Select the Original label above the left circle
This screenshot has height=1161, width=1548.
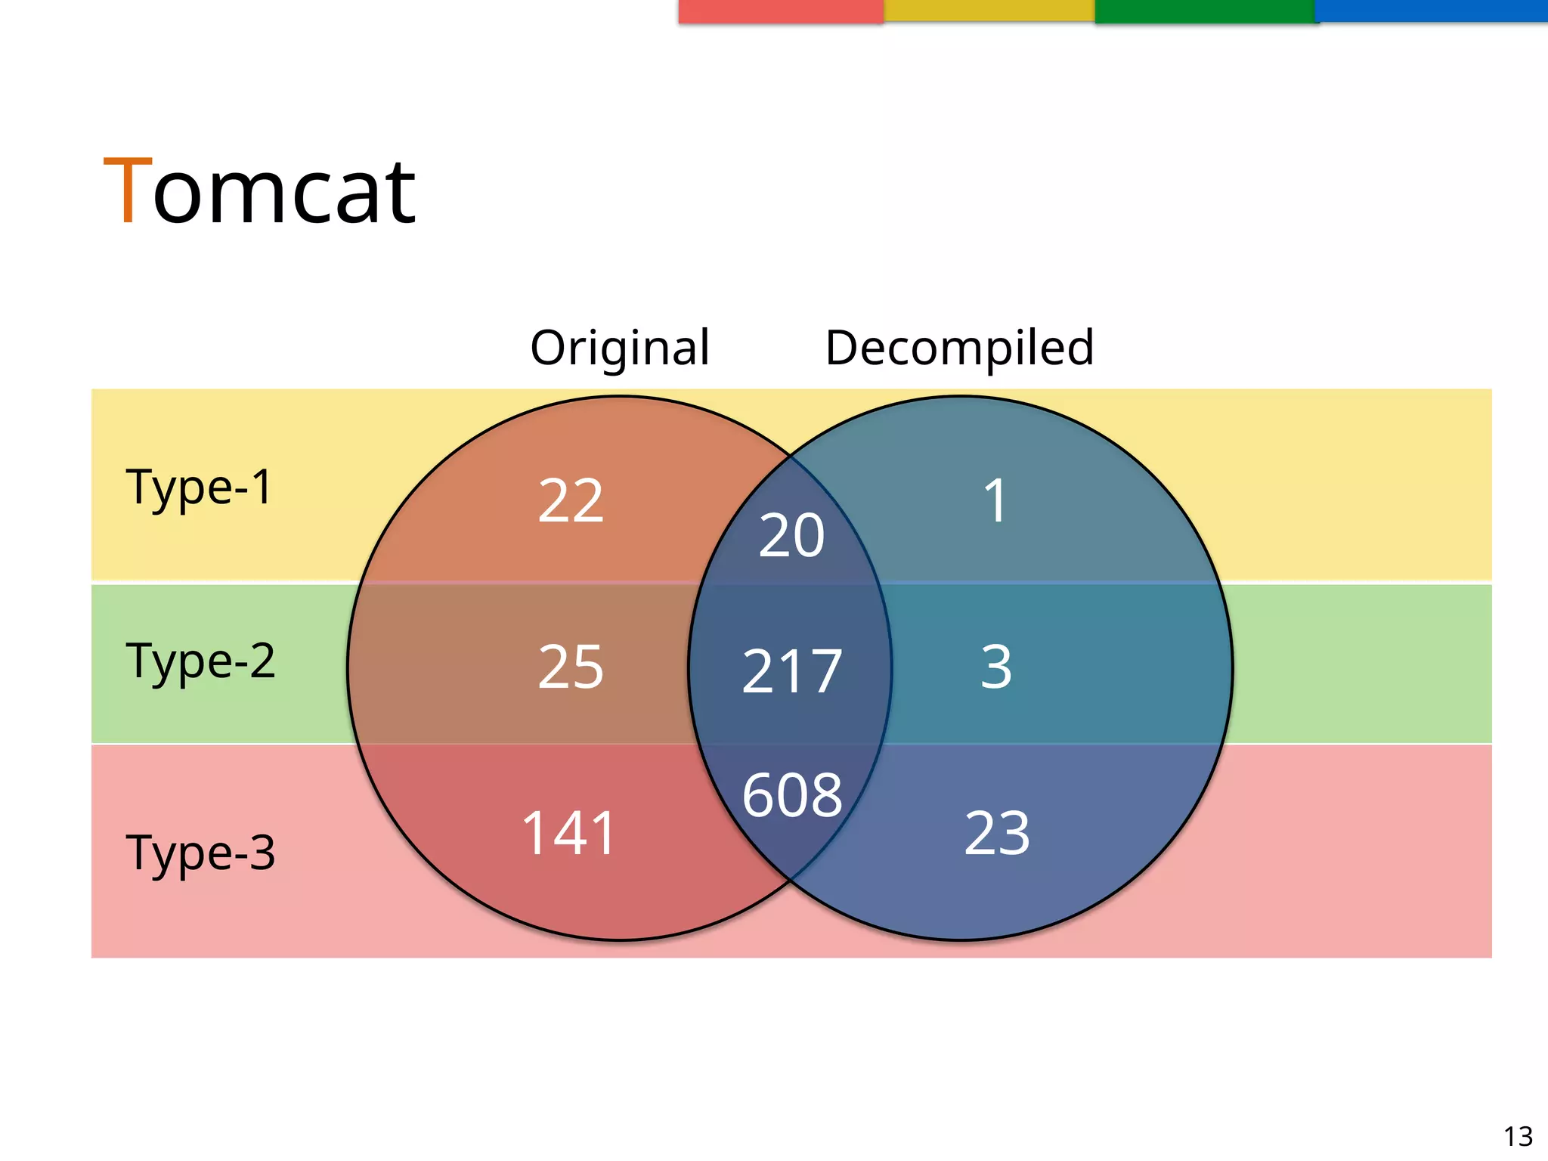tap(620, 348)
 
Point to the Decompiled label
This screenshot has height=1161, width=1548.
tap(959, 348)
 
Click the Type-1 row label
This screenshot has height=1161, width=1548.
tap(199, 487)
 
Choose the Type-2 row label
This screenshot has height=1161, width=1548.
tap(200, 661)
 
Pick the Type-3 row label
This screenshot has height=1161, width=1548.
tap(200, 853)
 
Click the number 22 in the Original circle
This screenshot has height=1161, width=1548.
tap(571, 500)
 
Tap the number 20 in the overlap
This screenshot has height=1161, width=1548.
tap(791, 536)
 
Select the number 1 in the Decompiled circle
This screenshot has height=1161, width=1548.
tap(995, 500)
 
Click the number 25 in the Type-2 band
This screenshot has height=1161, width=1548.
tap(571, 667)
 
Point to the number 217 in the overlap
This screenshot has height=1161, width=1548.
tap(791, 672)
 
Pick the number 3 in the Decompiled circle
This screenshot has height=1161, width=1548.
tap(995, 667)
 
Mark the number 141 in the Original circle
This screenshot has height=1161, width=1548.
tap(569, 833)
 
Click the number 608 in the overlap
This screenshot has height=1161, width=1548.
tap(791, 795)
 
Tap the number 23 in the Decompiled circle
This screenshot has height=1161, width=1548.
tap(997, 833)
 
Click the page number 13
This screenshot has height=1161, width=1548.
tap(1518, 1136)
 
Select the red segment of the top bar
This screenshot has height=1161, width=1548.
tap(781, 11)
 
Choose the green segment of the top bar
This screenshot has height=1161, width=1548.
tap(1206, 11)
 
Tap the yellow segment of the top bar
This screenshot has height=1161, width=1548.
tap(989, 11)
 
